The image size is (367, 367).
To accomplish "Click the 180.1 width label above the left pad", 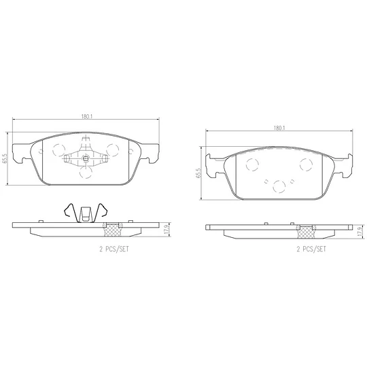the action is [86, 116].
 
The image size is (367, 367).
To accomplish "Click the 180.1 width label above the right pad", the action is [279, 128].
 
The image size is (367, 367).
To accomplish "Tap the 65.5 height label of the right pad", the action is [198, 173].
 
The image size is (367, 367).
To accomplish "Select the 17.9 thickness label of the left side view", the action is [167, 230].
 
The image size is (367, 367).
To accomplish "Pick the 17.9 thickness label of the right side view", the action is [360, 232].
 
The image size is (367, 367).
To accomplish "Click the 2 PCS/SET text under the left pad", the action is [114, 249].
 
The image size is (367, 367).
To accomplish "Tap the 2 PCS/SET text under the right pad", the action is [311, 249].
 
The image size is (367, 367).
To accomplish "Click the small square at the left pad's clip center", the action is [86, 158].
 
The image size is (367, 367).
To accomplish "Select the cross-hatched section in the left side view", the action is [113, 230].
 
